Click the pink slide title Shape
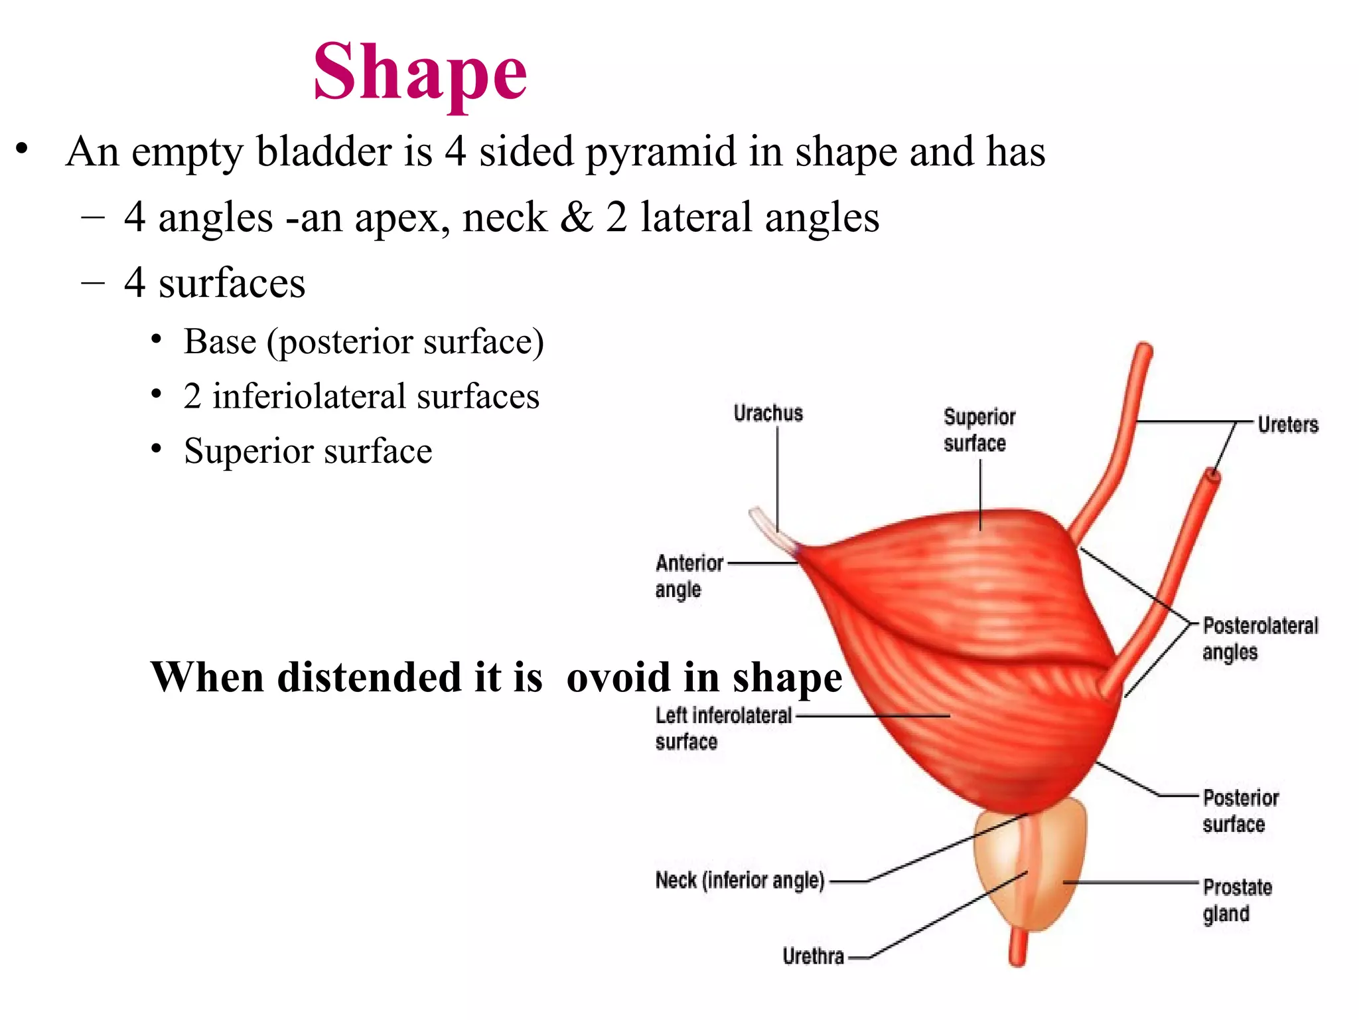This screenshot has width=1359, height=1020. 420,72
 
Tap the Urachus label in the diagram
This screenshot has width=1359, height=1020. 768,413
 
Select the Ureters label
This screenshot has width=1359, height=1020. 1287,424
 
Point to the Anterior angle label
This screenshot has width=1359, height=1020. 688,576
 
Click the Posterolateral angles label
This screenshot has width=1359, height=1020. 1259,639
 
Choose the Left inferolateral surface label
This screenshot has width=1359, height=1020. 723,728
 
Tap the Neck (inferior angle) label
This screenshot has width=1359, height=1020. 739,880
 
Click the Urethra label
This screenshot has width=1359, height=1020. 813,956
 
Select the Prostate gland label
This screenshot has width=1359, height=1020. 1237,900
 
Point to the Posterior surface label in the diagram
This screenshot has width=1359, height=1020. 1240,811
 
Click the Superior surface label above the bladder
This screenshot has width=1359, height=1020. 979,430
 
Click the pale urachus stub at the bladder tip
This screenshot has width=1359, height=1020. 770,528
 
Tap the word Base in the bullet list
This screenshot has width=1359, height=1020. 220,342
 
